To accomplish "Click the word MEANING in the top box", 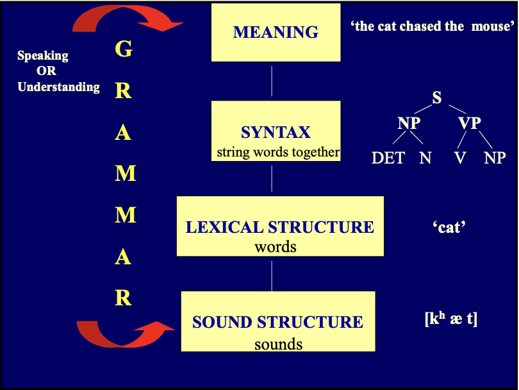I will coord(276,32).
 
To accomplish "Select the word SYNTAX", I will coord(276,133).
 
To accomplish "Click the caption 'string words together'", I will coord(278,153).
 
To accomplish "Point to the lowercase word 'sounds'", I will coord(278,344).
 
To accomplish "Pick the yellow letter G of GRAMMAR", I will coord(123,49).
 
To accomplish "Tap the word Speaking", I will coord(43,56).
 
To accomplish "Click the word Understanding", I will coord(59,87).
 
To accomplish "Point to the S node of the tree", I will coord(437,98).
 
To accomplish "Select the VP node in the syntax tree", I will coord(470,123).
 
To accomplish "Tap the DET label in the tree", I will coord(388,158).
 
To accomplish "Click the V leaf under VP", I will coord(460,158).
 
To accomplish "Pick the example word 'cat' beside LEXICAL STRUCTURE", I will coord(449,227).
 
